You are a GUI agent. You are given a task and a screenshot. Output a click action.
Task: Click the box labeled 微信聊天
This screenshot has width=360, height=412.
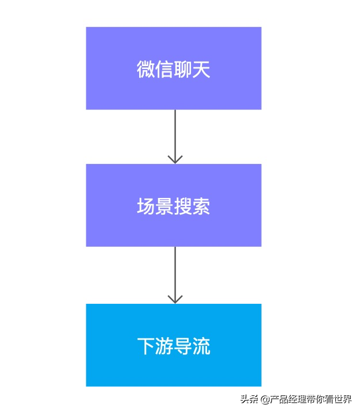[174, 68]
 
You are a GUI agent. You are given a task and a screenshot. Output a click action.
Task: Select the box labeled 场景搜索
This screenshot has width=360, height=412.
[174, 205]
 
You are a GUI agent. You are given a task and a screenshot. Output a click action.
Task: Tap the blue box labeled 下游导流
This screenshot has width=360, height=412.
[174, 345]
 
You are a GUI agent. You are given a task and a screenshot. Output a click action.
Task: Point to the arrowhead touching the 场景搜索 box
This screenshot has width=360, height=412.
[175, 159]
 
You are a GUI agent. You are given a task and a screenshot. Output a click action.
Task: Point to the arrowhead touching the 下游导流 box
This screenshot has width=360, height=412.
[175, 299]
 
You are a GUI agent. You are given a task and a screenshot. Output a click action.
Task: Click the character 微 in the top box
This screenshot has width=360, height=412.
[146, 69]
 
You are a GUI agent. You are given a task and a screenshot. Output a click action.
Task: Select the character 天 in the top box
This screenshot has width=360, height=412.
[201, 69]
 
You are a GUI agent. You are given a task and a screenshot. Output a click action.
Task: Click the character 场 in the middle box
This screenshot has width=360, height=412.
[146, 207]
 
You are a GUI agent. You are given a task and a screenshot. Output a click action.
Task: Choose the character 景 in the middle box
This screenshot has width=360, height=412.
[164, 207]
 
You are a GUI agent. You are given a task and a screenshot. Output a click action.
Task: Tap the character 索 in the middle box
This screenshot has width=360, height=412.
[201, 207]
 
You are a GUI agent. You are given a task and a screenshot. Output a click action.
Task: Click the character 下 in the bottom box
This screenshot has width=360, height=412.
[146, 346]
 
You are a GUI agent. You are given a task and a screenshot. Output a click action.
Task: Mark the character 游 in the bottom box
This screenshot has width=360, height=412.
[164, 346]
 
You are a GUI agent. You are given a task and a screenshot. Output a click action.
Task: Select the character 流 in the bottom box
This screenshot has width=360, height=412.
[201, 346]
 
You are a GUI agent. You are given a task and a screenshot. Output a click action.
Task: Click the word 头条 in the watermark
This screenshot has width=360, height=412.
[249, 399]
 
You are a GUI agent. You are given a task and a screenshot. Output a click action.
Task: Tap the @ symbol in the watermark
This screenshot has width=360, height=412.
[265, 399]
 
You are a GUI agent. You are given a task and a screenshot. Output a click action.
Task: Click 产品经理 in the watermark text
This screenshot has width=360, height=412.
[287, 399]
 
